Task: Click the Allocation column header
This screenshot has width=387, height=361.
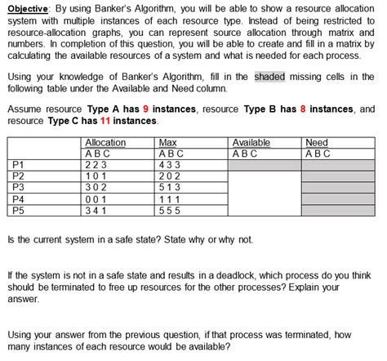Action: point(105,143)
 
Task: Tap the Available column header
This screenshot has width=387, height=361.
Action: point(251,143)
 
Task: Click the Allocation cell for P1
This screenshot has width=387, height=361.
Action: point(99,164)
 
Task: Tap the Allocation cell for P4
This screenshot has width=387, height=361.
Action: point(99,198)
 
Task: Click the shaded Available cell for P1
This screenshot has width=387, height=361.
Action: point(264,164)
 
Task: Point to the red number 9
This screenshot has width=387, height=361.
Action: point(146,109)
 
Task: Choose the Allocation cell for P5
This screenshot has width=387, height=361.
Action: point(99,209)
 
